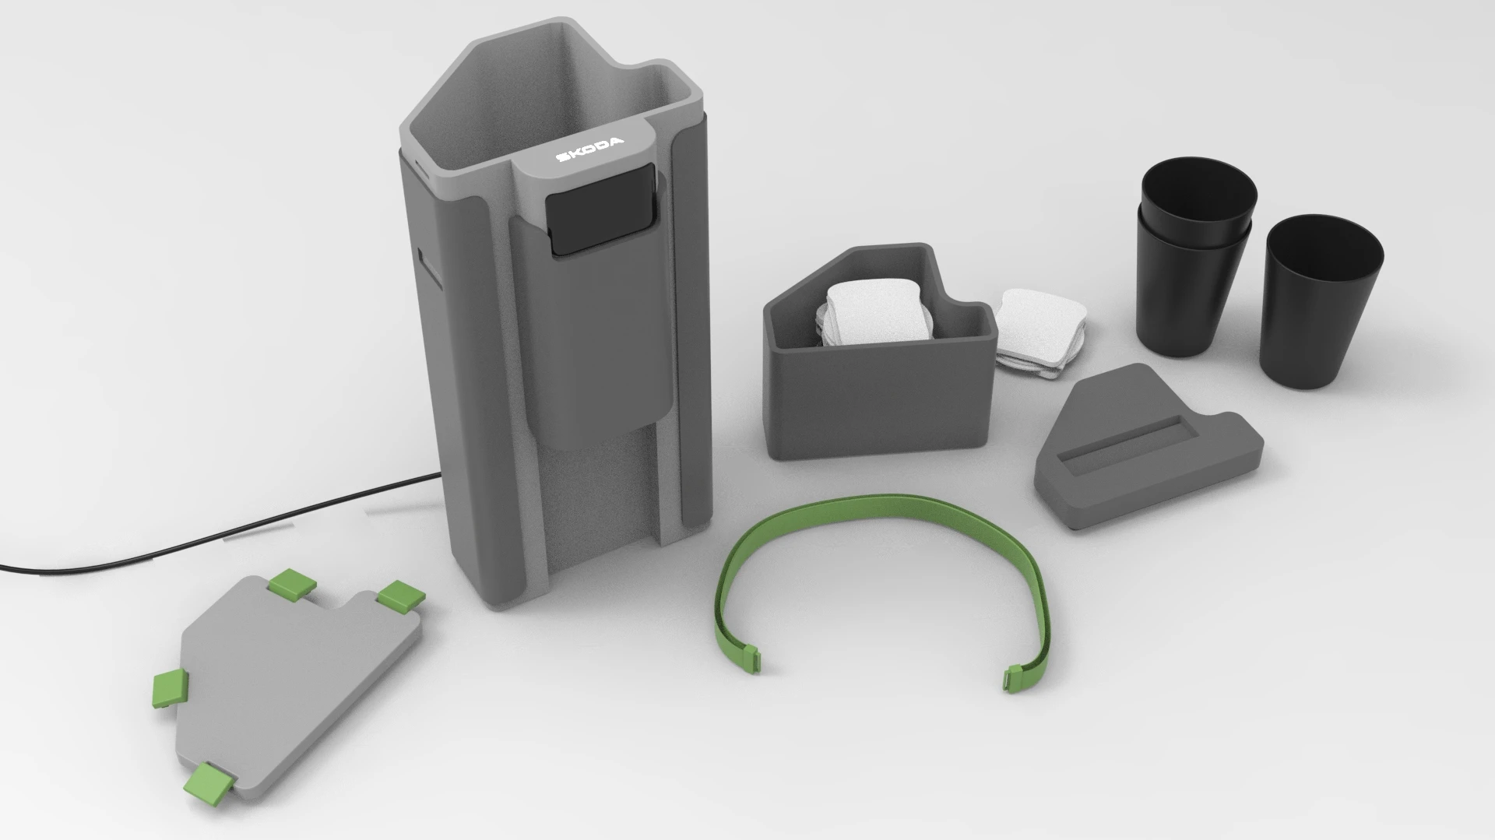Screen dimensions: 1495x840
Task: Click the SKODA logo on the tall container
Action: [x=589, y=151]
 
